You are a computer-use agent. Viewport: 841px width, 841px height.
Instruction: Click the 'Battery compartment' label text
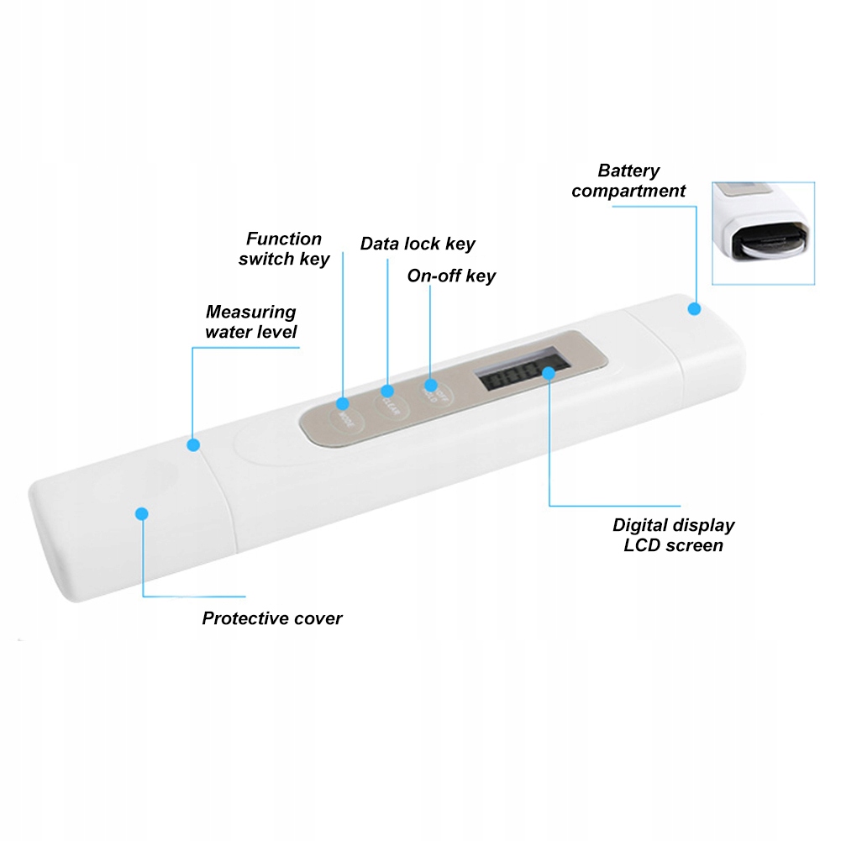point(628,181)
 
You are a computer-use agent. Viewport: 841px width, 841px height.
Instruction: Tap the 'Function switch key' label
point(284,249)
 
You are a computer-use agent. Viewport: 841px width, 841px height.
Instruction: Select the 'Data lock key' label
point(418,244)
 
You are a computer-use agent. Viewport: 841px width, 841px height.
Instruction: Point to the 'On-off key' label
point(451,276)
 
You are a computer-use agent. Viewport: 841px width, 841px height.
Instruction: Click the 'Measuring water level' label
point(251,322)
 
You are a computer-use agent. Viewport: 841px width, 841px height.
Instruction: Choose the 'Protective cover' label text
point(272,618)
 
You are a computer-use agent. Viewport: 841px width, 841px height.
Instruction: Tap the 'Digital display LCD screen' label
point(673,535)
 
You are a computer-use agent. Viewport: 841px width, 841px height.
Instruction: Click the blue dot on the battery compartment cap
point(694,309)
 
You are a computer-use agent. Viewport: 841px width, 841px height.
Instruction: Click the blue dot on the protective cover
point(142,512)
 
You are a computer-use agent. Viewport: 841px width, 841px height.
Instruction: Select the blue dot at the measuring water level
point(193,444)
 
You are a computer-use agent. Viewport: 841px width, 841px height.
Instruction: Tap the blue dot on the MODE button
point(343,402)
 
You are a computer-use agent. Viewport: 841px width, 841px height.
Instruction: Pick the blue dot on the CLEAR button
point(387,391)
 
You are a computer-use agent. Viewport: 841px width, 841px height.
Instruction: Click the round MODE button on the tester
point(344,415)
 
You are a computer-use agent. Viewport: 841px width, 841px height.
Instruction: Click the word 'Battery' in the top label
point(628,171)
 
